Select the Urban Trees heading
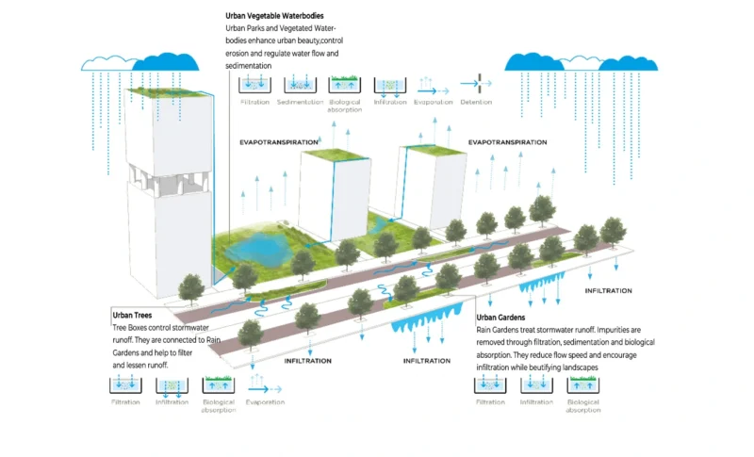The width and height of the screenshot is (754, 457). click(x=132, y=315)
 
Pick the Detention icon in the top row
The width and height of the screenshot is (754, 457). click(x=476, y=84)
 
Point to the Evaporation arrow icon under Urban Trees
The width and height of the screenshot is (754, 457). click(x=264, y=386)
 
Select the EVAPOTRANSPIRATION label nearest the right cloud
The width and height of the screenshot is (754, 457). click(x=506, y=141)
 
